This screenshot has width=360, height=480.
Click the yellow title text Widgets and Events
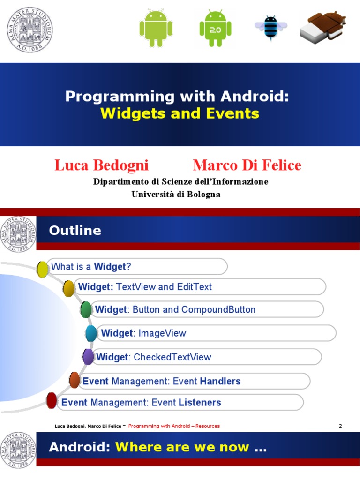coord(180,113)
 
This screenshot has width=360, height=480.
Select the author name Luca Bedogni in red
coord(101,165)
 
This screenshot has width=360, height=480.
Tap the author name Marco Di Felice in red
coord(247,165)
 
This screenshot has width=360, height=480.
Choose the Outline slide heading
coord(75,231)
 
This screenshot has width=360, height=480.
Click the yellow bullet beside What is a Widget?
coord(43,269)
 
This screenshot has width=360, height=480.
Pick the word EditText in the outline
coord(194,287)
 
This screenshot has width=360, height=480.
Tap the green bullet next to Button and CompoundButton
coord(86,310)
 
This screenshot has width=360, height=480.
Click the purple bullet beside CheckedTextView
coord(88,357)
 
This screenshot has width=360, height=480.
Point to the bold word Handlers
coord(220,381)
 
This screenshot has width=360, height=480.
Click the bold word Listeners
coord(200,402)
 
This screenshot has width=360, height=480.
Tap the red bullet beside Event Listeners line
coord(52,401)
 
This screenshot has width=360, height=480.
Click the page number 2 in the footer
coord(340,426)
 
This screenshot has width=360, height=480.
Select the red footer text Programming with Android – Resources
coord(174,426)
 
